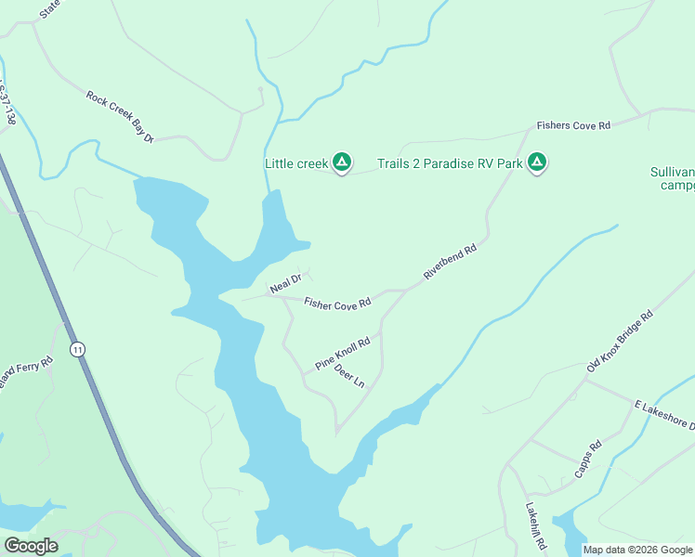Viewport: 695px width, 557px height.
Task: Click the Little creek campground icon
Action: coord(342,163)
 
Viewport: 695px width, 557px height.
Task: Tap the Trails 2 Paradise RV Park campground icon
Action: coord(536,163)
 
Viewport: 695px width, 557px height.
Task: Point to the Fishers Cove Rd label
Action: coord(573,125)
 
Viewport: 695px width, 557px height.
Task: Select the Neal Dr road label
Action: coord(285,284)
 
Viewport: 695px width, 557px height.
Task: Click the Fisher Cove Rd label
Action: coord(337,303)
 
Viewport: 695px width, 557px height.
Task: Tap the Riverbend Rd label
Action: coord(450,262)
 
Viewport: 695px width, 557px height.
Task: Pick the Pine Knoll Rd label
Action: coord(342,354)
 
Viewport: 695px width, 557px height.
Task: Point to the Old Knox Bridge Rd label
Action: coord(620,342)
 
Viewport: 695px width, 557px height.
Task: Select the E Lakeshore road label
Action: coord(663,415)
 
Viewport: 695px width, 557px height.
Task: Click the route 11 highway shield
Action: coord(77,349)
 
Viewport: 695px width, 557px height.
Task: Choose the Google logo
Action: coord(31,546)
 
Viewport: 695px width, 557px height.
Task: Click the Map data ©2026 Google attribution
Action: coord(637,550)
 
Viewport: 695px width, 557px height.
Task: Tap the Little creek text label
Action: coord(296,164)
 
